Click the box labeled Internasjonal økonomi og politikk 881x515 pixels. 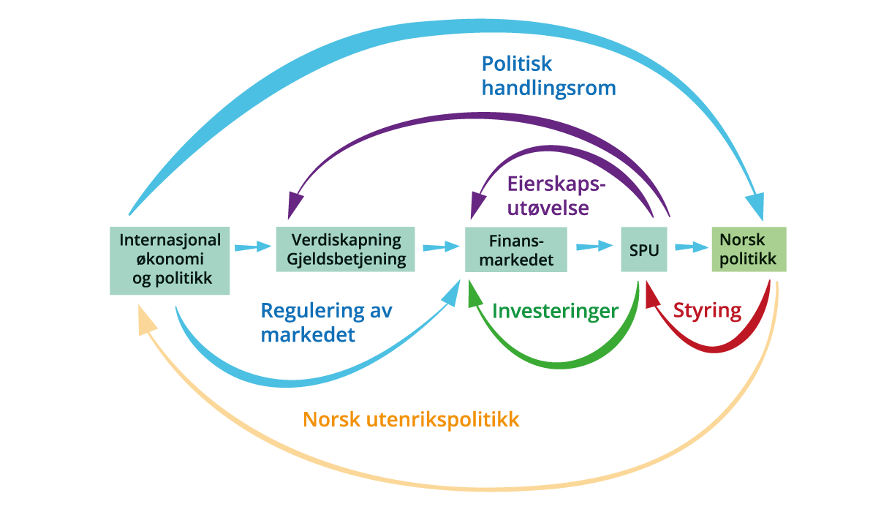click(170, 260)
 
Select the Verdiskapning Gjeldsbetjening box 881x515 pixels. click(345, 249)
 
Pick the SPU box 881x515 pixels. click(644, 249)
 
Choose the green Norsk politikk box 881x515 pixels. click(749, 249)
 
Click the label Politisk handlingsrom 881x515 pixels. click(548, 76)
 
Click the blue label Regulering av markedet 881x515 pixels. click(326, 323)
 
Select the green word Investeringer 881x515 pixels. click(555, 311)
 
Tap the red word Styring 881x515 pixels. click(707, 310)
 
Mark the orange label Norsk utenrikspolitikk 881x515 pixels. click(411, 420)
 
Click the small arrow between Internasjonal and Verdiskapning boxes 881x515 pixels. click(253, 247)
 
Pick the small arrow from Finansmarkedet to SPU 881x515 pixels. click(594, 247)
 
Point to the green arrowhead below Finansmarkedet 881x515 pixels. click(475, 295)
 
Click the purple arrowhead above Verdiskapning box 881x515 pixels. click(295, 203)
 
